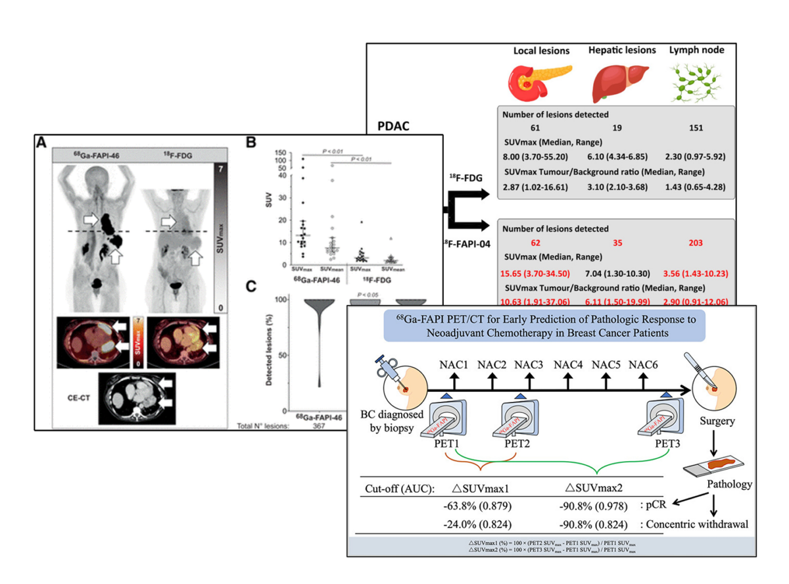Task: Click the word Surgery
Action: (717, 422)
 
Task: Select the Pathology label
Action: (729, 485)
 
